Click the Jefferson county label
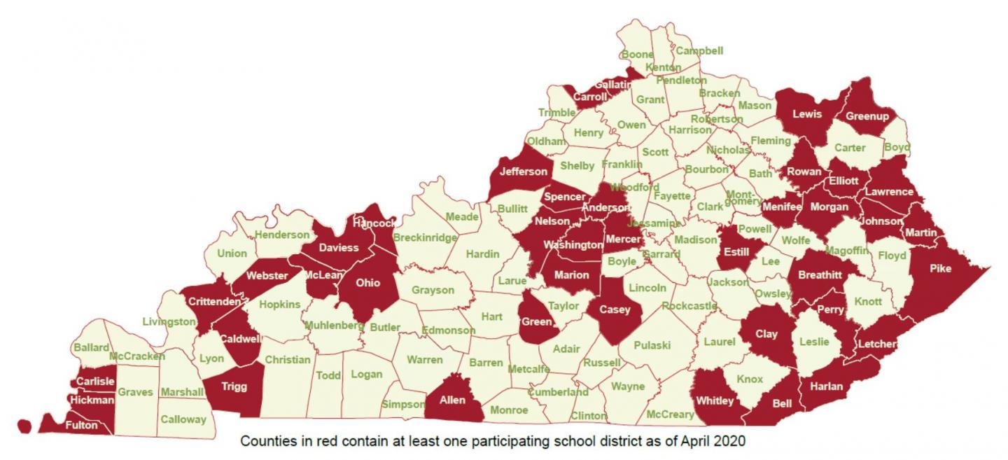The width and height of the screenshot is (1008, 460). click(x=523, y=172)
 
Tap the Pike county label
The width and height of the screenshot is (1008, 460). click(x=941, y=268)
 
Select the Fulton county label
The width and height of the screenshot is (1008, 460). click(x=81, y=425)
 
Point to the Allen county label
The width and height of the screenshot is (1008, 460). click(x=453, y=400)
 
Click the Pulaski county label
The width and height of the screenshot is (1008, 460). click(x=652, y=345)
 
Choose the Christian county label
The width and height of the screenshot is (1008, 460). click(x=287, y=360)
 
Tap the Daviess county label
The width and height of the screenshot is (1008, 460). click(x=339, y=248)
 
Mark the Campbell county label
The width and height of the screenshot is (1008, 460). click(x=699, y=51)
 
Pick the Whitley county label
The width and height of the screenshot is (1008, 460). click(x=715, y=400)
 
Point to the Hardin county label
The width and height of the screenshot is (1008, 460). click(x=483, y=253)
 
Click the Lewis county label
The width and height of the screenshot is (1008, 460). click(x=806, y=114)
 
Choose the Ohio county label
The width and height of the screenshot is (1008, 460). click(x=368, y=283)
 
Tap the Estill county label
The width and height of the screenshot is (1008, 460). click(x=736, y=252)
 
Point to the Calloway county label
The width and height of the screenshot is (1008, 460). click(x=183, y=419)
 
